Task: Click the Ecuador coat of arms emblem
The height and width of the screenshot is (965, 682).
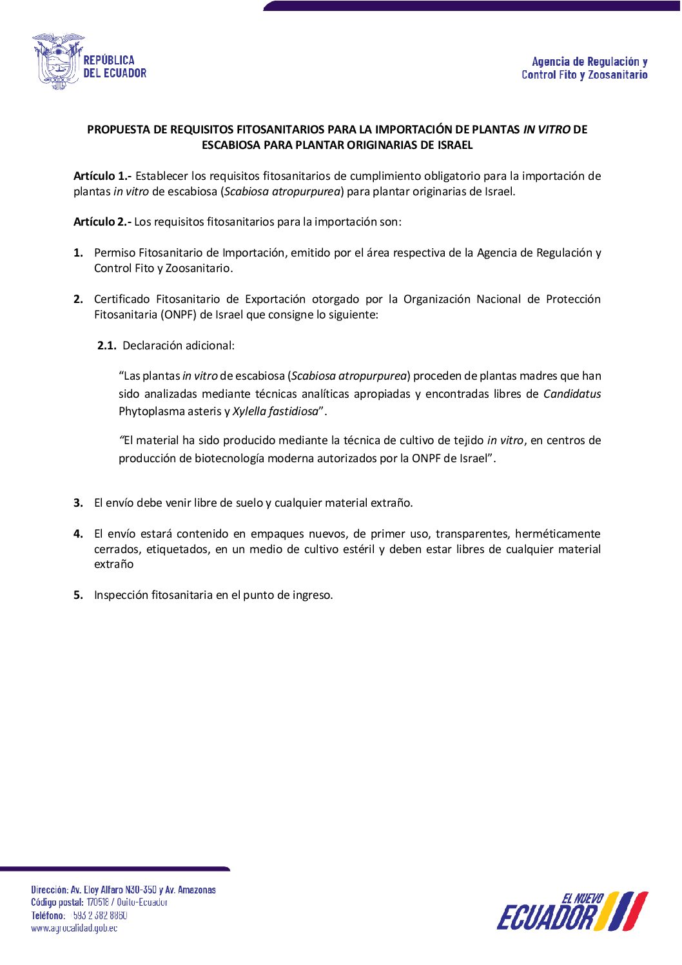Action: tap(58, 61)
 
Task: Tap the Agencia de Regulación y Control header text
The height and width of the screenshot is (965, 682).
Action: tap(585, 68)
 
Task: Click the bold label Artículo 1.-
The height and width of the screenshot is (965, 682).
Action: tap(102, 176)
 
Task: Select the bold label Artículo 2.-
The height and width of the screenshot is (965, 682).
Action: tap(102, 222)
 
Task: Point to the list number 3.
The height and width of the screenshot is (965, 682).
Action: tap(78, 503)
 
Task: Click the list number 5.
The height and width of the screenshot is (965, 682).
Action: tap(78, 595)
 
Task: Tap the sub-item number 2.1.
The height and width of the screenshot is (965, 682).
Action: tap(106, 346)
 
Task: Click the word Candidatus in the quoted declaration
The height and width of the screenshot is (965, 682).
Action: tap(572, 394)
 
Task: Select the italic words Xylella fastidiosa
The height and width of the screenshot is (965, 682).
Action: tap(275, 411)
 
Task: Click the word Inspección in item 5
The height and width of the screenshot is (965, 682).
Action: tap(121, 595)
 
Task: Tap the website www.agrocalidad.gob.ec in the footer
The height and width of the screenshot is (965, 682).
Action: tap(74, 928)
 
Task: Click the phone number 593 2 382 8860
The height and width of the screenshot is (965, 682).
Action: tap(100, 915)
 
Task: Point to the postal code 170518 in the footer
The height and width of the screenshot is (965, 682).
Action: tap(97, 902)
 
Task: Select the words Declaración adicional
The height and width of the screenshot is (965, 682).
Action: tap(178, 346)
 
